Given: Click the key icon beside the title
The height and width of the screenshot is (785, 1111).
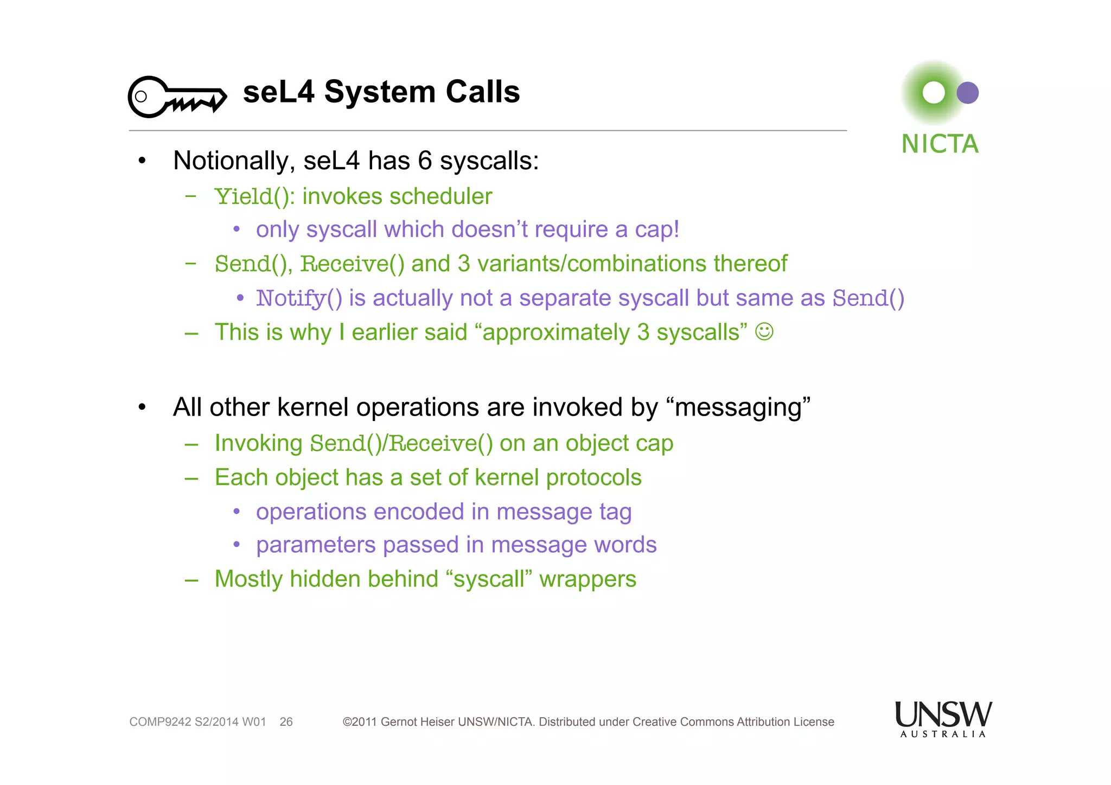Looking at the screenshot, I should pyautogui.click(x=177, y=97).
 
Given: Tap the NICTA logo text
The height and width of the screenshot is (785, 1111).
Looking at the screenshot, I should pyautogui.click(x=940, y=144).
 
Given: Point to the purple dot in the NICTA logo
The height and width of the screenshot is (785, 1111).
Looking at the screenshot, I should pyautogui.click(x=967, y=93).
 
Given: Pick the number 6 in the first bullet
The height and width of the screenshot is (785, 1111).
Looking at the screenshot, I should pyautogui.click(x=425, y=161).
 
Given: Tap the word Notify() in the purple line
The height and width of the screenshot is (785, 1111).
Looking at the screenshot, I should pyautogui.click(x=299, y=298).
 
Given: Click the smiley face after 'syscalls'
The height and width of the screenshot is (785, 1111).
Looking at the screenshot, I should pyautogui.click(x=764, y=331).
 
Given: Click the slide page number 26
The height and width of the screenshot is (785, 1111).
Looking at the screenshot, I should pyautogui.click(x=286, y=722).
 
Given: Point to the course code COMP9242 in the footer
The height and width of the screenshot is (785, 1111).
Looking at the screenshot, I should pyautogui.click(x=160, y=722).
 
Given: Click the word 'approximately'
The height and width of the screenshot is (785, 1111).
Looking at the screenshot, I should pyautogui.click(x=556, y=333).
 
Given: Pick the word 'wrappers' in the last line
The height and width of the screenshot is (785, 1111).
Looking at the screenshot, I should pyautogui.click(x=588, y=579).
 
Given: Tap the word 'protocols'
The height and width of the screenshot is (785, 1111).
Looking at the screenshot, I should pyautogui.click(x=593, y=477).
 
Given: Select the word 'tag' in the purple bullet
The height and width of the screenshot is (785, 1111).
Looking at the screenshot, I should pyautogui.click(x=615, y=512).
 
